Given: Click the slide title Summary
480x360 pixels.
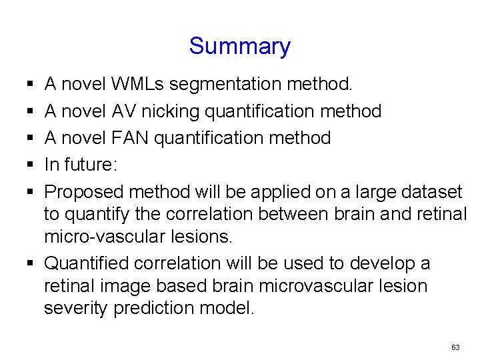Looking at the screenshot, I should (239, 46).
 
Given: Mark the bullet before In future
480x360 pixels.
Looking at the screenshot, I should (31, 165).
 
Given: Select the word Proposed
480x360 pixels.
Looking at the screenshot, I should (83, 192).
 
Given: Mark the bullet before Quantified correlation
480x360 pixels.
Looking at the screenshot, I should (31, 263).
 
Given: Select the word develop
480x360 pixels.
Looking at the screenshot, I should (377, 264).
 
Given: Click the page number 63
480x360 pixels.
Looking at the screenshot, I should (455, 347).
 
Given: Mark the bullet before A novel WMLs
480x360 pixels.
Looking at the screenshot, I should (31, 84).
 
